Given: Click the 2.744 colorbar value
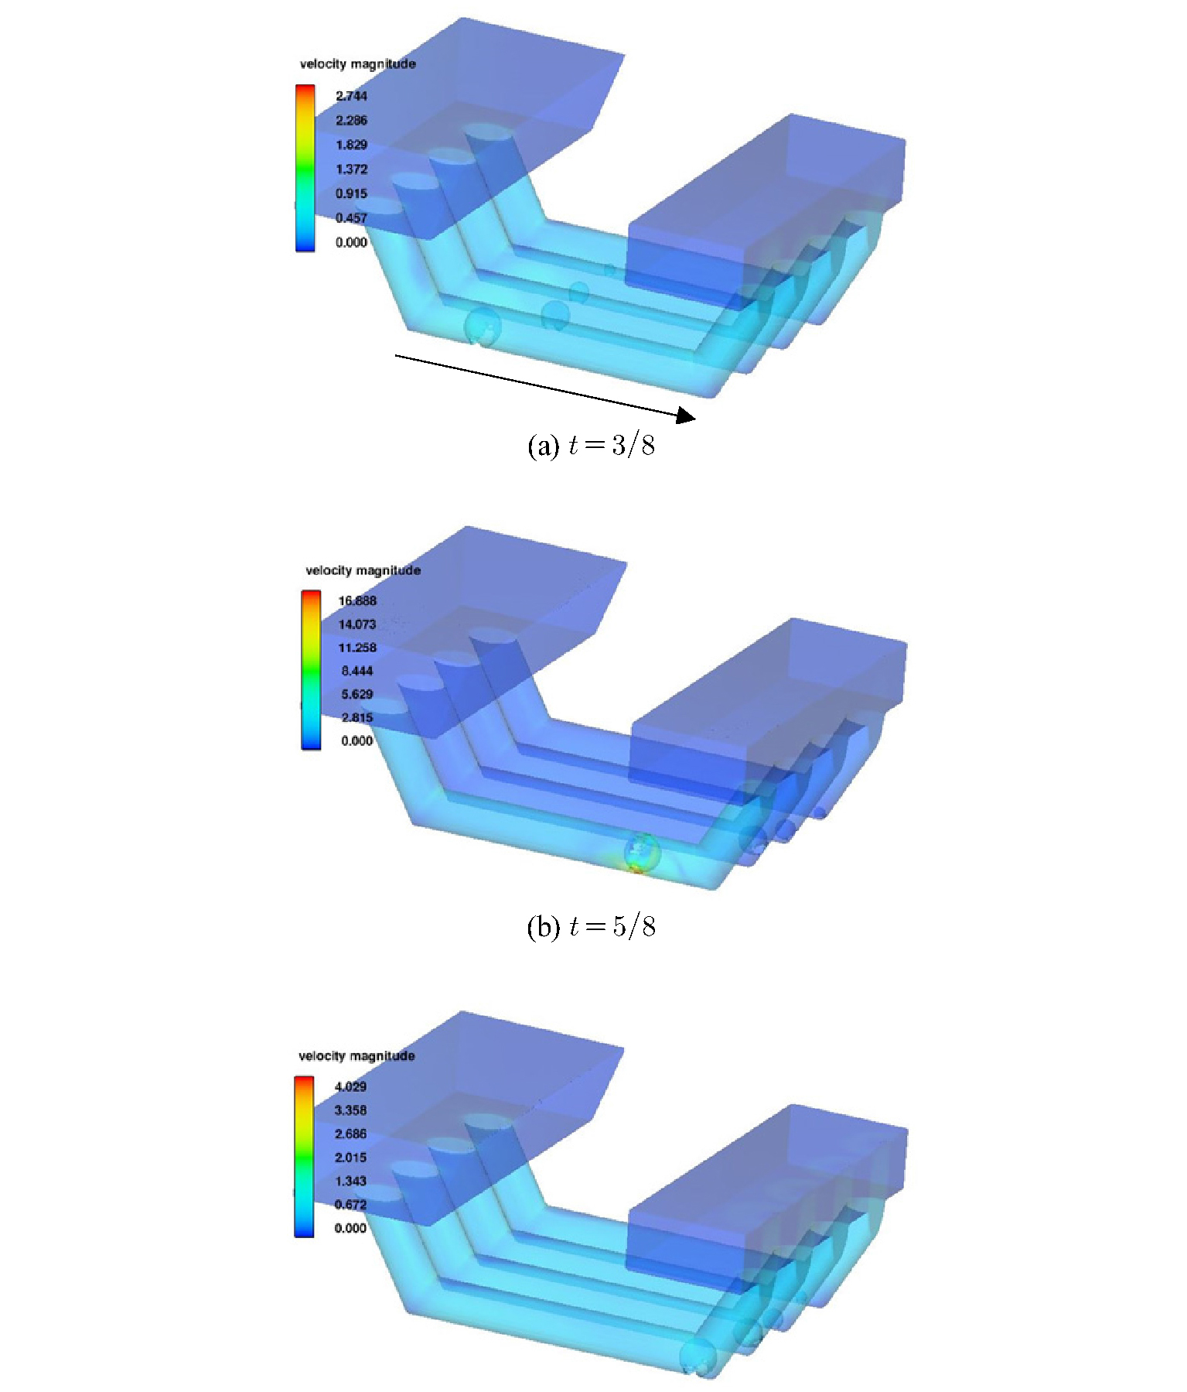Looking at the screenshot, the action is click(x=351, y=96).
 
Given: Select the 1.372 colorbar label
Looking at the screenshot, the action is click(x=351, y=169).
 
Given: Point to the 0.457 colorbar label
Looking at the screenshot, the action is click(x=351, y=217).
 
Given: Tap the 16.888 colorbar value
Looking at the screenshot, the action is click(x=357, y=600).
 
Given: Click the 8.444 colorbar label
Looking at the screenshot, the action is click(x=357, y=671).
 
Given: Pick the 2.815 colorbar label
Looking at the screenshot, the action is click(x=357, y=717).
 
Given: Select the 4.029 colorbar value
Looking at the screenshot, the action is click(x=350, y=1086).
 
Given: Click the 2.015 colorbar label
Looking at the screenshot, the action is click(x=350, y=1157).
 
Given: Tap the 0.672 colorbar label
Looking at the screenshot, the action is click(x=350, y=1204).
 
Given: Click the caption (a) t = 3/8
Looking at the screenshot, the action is click(x=591, y=446).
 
